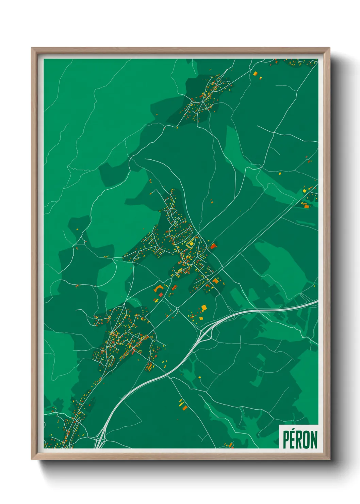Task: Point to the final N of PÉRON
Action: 314,440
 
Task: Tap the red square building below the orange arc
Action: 161,295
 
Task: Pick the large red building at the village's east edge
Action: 213,246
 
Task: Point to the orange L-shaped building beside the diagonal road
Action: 215,281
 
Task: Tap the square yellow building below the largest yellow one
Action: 201,318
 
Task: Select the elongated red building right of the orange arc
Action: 175,287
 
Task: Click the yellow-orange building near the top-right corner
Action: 255,73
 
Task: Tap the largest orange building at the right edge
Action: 306,205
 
